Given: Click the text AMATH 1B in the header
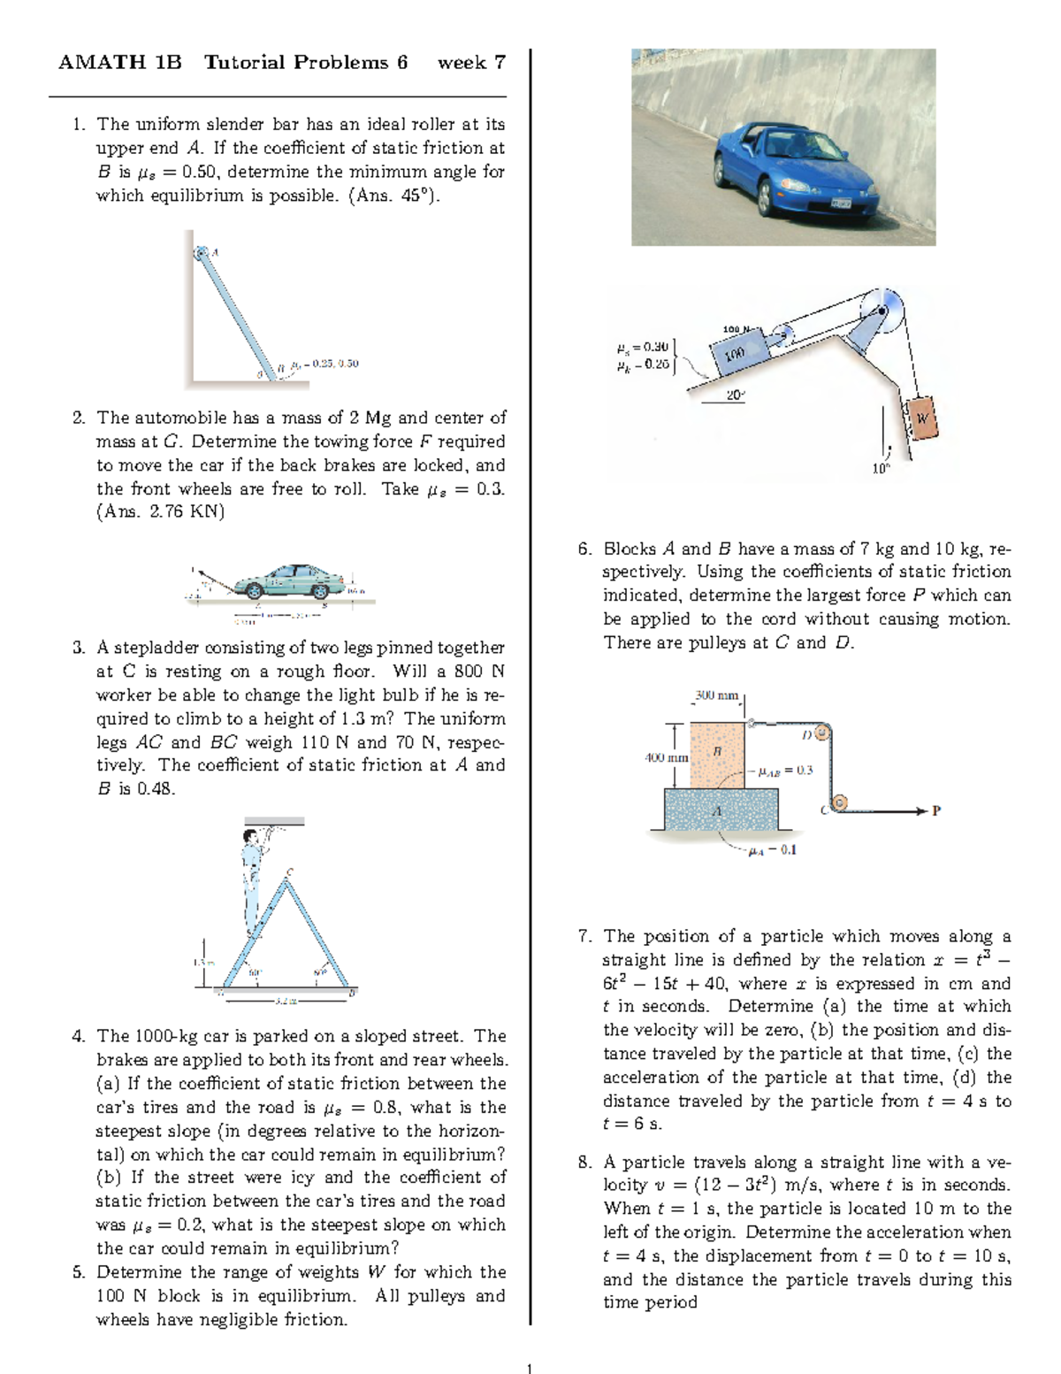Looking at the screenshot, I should point(119,62).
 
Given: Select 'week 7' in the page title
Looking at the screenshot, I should point(471,62).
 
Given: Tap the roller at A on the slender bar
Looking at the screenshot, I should point(202,254).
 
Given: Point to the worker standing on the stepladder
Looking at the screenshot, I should point(253,880).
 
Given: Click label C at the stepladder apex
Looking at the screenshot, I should point(289,872).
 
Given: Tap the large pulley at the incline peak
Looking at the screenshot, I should point(882,310).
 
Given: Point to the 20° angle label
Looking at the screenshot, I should point(735,395).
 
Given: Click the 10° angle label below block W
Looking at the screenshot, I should point(881,469).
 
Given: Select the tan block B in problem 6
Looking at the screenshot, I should point(717,755).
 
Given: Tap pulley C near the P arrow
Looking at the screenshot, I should point(840,802).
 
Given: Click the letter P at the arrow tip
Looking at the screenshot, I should point(936,810).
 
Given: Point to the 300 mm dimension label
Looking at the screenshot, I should point(716,695).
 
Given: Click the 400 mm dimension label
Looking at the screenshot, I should point(666,757).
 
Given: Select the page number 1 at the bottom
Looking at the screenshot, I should point(529,1369).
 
